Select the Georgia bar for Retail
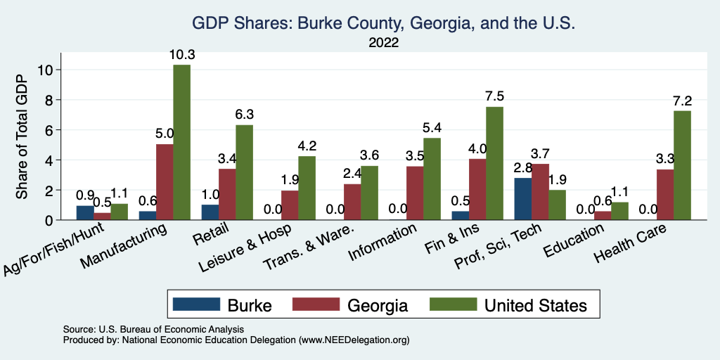(227, 195)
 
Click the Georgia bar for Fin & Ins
(477, 190)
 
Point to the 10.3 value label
(181, 54)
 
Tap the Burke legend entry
(222, 305)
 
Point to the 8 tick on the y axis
(48, 100)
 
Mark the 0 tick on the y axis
(48, 220)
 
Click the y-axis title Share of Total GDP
(23, 136)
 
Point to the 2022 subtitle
(384, 43)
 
